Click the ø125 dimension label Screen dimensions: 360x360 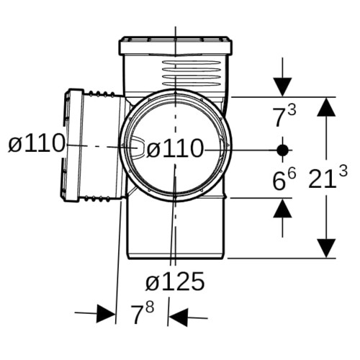pos(175,281)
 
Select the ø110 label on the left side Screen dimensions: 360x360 pos(37,143)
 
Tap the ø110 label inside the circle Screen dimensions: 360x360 pos(175,148)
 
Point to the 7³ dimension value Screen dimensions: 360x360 pos(284,115)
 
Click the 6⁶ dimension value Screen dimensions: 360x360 pos(284,179)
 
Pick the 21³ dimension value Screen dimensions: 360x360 pos(328,177)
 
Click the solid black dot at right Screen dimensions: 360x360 pos(282,150)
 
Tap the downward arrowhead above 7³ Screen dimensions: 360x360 pos(282,87)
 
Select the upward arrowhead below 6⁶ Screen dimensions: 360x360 pos(282,208)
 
